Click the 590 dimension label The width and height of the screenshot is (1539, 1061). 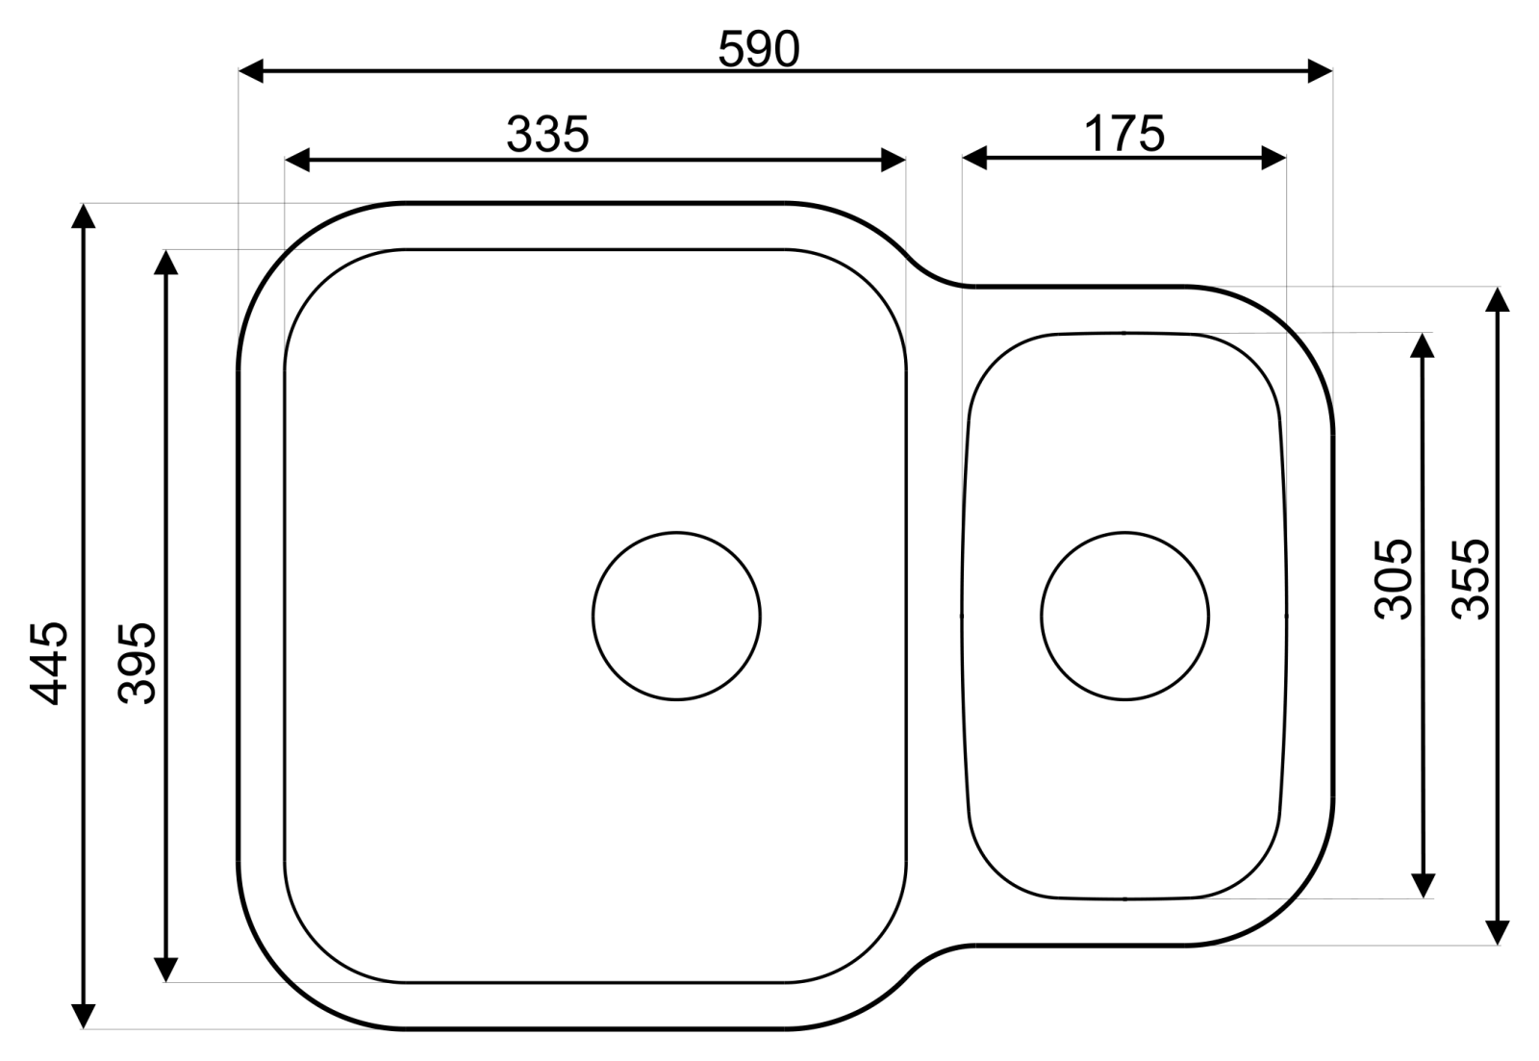(759, 49)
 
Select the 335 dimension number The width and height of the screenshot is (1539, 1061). (547, 134)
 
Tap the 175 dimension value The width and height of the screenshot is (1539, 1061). (1124, 134)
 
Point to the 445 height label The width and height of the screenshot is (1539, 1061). (49, 663)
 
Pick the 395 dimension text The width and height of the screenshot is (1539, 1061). (138, 663)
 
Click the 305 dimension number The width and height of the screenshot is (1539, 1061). (1394, 579)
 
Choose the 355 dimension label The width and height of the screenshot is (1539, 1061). (1471, 579)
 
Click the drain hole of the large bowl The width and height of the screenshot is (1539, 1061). (676, 616)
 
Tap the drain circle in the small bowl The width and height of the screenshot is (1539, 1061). (1124, 616)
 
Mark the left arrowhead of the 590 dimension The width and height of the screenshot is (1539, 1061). (251, 71)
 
